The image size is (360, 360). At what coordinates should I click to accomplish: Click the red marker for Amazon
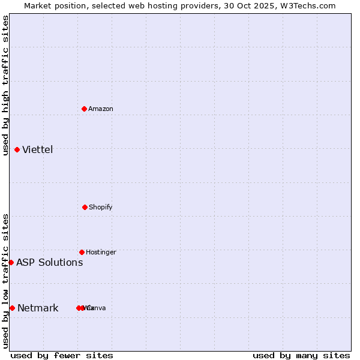pos(85,109)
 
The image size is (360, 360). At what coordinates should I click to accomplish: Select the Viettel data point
pos(17,149)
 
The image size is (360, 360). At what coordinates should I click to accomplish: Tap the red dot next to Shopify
pos(85,207)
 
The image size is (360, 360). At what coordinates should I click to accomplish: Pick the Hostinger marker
pos(82,252)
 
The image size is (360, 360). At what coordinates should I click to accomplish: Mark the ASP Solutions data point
pos(11,262)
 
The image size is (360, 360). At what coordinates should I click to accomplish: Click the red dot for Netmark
pos(12,308)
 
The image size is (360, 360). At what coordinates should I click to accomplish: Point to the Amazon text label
pos(101,109)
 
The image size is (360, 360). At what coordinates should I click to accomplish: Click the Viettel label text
pos(38,149)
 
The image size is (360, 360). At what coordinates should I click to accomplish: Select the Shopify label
pos(101,207)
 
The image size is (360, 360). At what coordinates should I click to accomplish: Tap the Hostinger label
pos(101,252)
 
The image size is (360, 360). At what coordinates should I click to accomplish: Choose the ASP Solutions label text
pos(50,262)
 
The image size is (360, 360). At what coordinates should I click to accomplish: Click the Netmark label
pos(38,308)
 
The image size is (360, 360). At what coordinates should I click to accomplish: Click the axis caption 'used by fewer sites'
pos(62,355)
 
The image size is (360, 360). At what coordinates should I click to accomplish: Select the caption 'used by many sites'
pos(301,355)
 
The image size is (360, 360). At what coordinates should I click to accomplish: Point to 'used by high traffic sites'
pos(6,85)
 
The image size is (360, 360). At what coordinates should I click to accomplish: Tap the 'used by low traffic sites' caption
pos(6,281)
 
